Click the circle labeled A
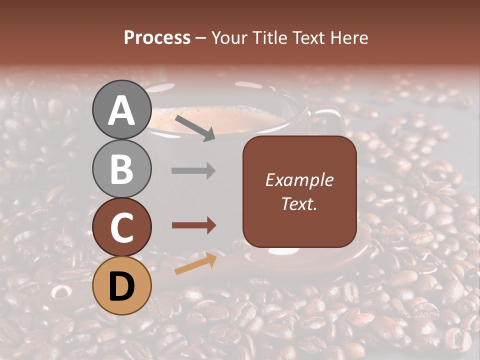click(x=122, y=110)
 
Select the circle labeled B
click(x=122, y=168)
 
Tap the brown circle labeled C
click(x=122, y=227)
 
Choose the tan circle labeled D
click(x=122, y=285)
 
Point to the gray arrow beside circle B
click(x=193, y=171)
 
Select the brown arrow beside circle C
click(x=193, y=226)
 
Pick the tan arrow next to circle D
click(x=195, y=263)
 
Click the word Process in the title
click(x=157, y=38)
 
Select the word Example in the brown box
click(x=299, y=180)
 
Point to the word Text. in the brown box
click(x=299, y=203)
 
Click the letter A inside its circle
click(x=122, y=111)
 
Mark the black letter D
click(x=122, y=286)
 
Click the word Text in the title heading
click(x=307, y=38)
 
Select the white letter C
click(x=122, y=228)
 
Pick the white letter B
click(x=122, y=169)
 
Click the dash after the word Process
click(x=201, y=38)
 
